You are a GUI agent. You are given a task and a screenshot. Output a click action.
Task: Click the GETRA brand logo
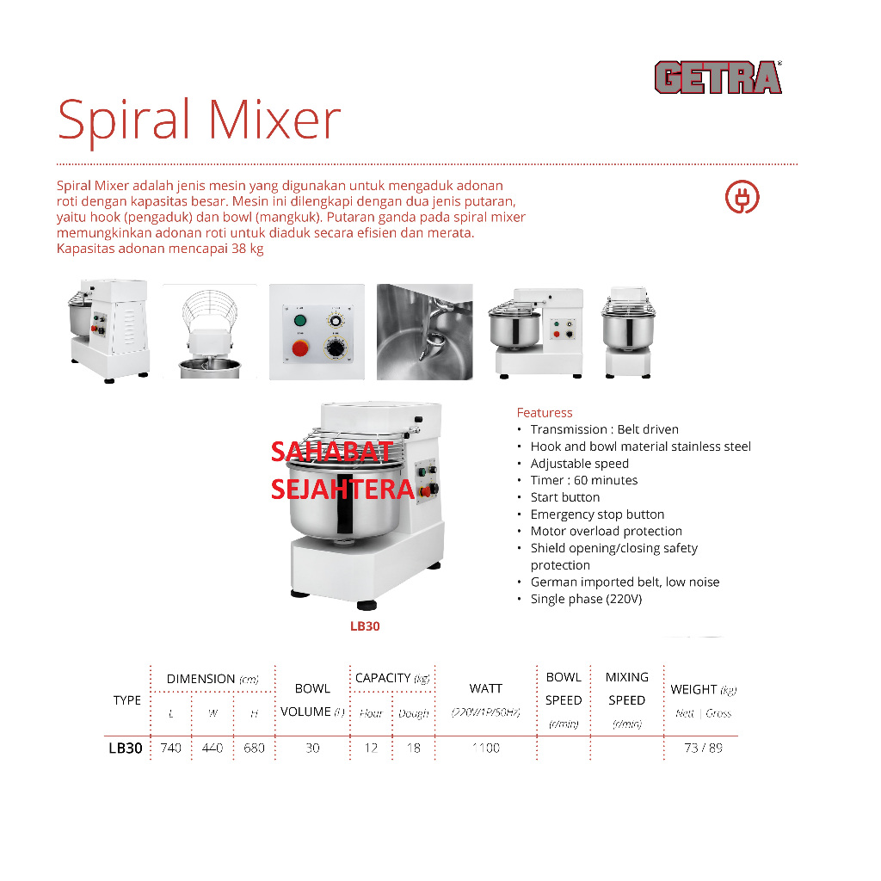click(x=718, y=77)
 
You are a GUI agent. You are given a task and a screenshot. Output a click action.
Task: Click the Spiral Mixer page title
click(x=199, y=120)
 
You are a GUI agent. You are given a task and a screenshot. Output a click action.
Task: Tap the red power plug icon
click(x=742, y=197)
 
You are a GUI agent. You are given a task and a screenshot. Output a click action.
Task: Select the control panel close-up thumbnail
click(x=317, y=332)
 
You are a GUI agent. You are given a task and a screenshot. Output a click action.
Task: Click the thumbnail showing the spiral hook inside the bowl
click(x=424, y=332)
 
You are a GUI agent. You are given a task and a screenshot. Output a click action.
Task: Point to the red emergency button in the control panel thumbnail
click(x=301, y=348)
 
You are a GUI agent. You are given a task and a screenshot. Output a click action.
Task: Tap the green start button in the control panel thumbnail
click(x=300, y=321)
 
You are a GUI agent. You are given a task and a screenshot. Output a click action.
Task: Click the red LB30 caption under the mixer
click(x=365, y=626)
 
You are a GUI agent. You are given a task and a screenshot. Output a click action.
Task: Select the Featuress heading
click(x=544, y=413)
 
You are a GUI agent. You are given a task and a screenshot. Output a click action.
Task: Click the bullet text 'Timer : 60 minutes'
click(x=583, y=480)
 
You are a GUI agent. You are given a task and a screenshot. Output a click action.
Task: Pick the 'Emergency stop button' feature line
click(x=597, y=514)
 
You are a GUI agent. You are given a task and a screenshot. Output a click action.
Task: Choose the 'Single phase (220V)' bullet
click(x=586, y=599)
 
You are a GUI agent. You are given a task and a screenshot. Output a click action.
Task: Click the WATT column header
click(x=485, y=688)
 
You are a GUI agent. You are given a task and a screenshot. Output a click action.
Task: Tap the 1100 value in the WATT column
click(x=485, y=749)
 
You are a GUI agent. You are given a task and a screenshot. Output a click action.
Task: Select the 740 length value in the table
click(x=171, y=749)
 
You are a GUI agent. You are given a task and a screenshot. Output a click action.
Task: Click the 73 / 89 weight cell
click(x=703, y=749)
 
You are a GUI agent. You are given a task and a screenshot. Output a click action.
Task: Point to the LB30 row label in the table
click(x=126, y=749)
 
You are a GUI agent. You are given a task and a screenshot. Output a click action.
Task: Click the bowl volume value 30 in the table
click(x=312, y=749)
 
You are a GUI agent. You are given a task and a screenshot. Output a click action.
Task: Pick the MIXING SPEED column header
click(x=626, y=688)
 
